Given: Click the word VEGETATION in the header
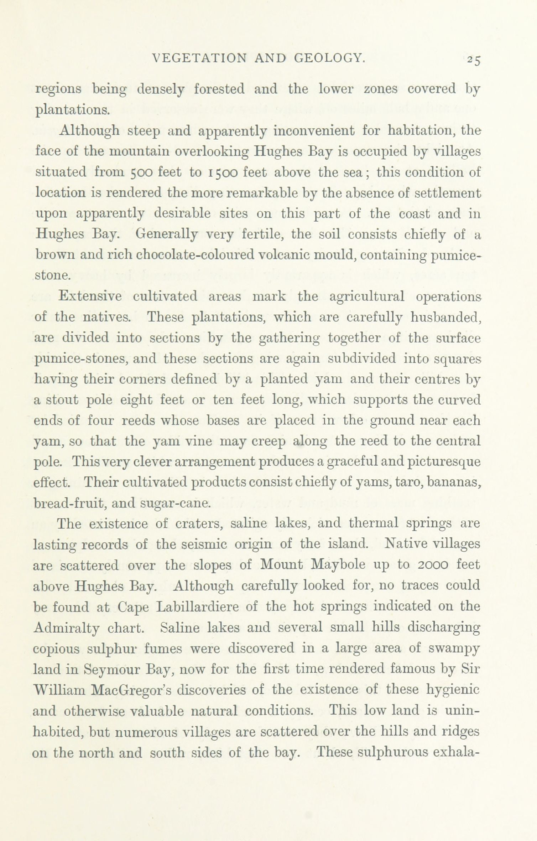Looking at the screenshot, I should click(199, 58).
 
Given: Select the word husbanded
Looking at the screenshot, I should click(446, 317).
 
